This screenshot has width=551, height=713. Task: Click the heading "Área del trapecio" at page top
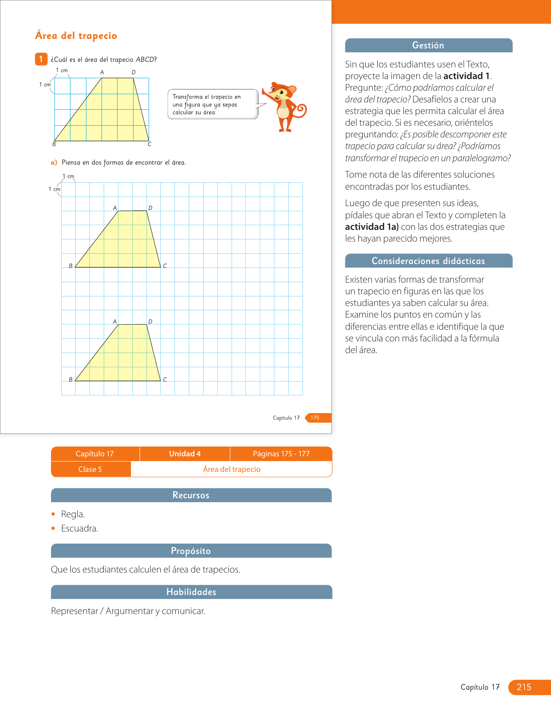(76, 36)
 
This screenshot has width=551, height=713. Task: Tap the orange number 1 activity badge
(41, 59)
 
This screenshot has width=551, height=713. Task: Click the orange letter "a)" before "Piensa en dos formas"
(54, 162)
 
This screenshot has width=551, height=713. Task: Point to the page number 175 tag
(316, 418)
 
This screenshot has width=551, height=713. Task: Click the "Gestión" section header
(428, 45)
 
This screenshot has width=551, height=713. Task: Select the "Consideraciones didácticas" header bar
(428, 261)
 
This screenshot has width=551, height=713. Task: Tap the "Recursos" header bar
(191, 495)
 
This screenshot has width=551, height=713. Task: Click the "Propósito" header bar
(191, 551)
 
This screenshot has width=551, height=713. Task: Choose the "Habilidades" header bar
(191, 592)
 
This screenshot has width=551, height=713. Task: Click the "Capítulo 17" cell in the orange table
(95, 454)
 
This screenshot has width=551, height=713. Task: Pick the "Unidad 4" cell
(185, 454)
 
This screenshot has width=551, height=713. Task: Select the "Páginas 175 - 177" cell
(281, 454)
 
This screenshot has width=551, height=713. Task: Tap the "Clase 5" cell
(90, 469)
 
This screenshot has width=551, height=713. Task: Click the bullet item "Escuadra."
(80, 528)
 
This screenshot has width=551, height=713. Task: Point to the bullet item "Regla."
(73, 514)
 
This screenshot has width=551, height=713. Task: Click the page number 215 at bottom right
(524, 687)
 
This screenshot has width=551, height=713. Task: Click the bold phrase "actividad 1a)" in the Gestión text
(372, 227)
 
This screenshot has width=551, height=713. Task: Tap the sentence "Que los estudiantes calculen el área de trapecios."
(146, 570)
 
